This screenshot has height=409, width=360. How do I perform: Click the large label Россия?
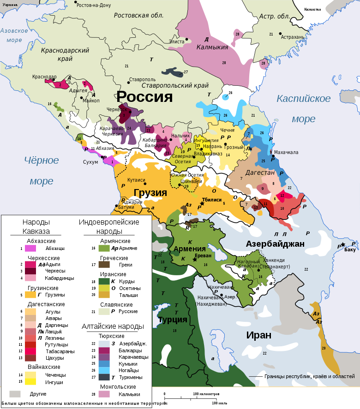coord(144,97)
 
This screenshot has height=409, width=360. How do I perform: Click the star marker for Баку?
coord(343,244)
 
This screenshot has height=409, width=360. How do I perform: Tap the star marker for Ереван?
coord(195,260)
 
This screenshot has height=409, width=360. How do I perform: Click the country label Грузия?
coord(150,193)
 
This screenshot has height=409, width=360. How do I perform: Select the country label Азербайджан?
coord(275,243)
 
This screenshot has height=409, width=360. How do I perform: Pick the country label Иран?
coord(258,335)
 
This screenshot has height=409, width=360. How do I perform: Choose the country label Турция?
coord(172,320)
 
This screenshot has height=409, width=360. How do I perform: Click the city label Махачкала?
coord(286,152)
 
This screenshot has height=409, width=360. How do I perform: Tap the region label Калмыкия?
coord(212,47)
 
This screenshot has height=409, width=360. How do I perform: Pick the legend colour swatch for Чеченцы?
coord(30,375)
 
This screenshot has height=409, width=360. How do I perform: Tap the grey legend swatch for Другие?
coord(15,394)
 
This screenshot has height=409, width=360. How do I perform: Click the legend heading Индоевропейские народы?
coord(109,226)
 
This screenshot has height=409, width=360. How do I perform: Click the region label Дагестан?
coord(260,173)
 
